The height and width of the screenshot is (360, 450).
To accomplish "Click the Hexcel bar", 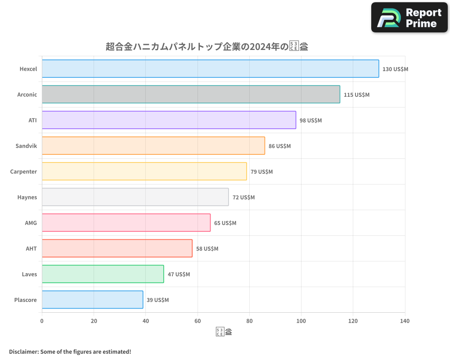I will (210, 69).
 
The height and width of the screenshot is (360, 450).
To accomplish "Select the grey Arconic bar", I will (191, 94).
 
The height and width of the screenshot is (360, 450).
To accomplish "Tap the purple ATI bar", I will (169, 120).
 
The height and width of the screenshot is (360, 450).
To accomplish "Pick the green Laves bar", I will (103, 274).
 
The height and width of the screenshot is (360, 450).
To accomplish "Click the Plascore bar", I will (92, 300).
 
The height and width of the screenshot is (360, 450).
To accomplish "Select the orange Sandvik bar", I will (153, 146).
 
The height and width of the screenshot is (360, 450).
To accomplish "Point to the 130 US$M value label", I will (395, 69).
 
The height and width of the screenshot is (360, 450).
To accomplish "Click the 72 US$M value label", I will (243, 198).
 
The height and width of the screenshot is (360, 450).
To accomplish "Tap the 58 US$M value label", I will (207, 249).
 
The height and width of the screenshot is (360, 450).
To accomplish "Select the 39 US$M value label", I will (157, 300).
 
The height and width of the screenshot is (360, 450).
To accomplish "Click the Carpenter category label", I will (23, 171).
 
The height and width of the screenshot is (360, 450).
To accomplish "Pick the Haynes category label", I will (27, 197).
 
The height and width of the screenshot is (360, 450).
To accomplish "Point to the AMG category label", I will (31, 223).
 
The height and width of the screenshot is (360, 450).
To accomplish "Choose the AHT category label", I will (31, 248).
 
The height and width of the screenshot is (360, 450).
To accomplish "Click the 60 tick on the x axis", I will (198, 321).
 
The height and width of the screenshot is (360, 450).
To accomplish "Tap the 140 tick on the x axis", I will (405, 321).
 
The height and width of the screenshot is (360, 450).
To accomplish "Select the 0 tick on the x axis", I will (42, 321).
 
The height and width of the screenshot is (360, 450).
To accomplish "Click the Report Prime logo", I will (409, 18).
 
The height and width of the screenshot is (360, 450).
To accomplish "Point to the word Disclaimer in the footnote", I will (23, 351).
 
